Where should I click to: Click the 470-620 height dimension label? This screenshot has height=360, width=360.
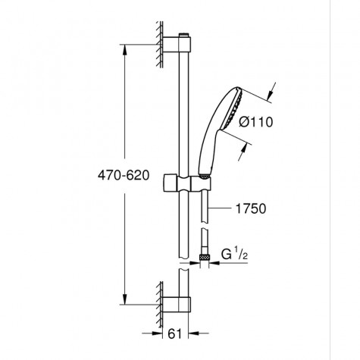[124, 175]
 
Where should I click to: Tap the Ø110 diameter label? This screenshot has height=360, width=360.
[256, 122]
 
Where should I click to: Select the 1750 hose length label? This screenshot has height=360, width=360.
[251, 208]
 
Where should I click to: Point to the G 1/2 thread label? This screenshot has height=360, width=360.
[234, 254]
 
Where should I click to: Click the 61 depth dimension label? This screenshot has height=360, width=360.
[175, 334]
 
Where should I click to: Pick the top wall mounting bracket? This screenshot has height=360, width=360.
[177, 45]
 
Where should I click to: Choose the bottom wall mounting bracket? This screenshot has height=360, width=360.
[177, 305]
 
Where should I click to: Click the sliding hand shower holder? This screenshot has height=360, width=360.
[186, 183]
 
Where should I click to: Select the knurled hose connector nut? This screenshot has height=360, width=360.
[205, 258]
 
